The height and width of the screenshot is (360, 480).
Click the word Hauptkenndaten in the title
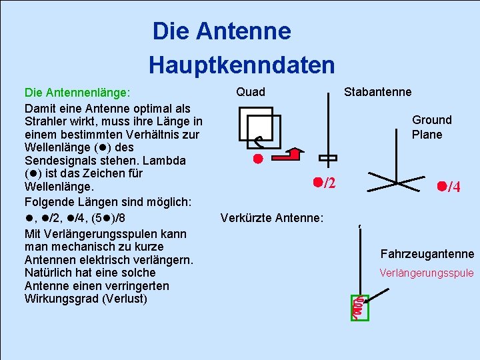click(x=241, y=65)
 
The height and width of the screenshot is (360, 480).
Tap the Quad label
click(x=251, y=92)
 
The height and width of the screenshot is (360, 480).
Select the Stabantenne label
click(x=377, y=92)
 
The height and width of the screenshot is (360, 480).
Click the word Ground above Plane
click(x=431, y=120)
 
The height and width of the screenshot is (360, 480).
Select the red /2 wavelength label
click(x=325, y=182)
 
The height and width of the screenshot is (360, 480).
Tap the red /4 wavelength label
click(x=449, y=187)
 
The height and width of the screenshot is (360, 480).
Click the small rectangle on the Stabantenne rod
click(x=328, y=159)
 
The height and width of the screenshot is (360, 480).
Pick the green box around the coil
click(x=359, y=307)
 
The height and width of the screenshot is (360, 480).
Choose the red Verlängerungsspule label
click(x=426, y=273)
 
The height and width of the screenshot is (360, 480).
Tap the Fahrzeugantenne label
click(x=427, y=254)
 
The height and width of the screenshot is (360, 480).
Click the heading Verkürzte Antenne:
click(x=271, y=218)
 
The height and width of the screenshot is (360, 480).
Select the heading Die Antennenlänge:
click(x=77, y=93)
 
